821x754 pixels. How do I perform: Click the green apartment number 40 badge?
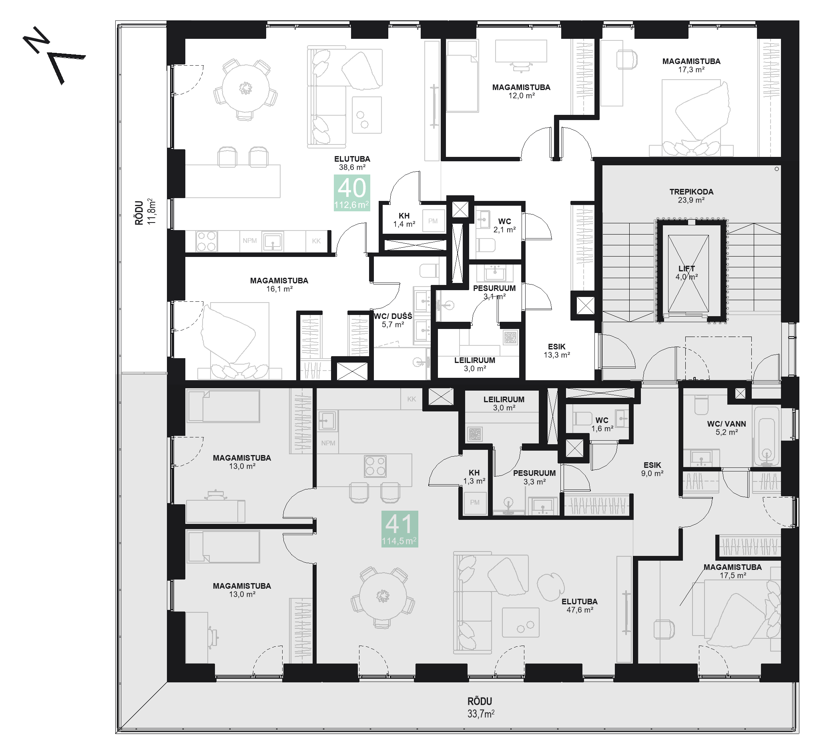tap(352, 193)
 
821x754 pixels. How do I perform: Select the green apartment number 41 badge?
tap(399, 529)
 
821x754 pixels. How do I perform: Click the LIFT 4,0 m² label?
tap(687, 273)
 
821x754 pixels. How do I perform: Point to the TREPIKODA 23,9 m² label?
tap(691, 196)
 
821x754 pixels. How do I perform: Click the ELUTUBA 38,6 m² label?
tap(352, 163)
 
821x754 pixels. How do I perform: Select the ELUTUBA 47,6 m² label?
tap(580, 606)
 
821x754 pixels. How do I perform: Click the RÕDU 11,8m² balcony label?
tap(145, 212)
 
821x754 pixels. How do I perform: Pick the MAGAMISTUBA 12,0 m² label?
tap(521, 91)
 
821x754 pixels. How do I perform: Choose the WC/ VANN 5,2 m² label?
tap(727, 428)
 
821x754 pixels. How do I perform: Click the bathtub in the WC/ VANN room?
tap(767, 436)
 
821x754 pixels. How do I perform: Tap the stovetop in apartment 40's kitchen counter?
tap(207, 241)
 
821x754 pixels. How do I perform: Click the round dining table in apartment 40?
tap(246, 88)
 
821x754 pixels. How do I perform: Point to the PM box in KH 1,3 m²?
tap(475, 503)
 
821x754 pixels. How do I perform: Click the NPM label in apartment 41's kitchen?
tap(328, 443)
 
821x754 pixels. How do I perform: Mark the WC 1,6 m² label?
tap(602, 424)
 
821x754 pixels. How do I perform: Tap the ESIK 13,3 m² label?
tap(556, 351)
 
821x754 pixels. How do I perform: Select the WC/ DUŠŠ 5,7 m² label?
tap(393, 320)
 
